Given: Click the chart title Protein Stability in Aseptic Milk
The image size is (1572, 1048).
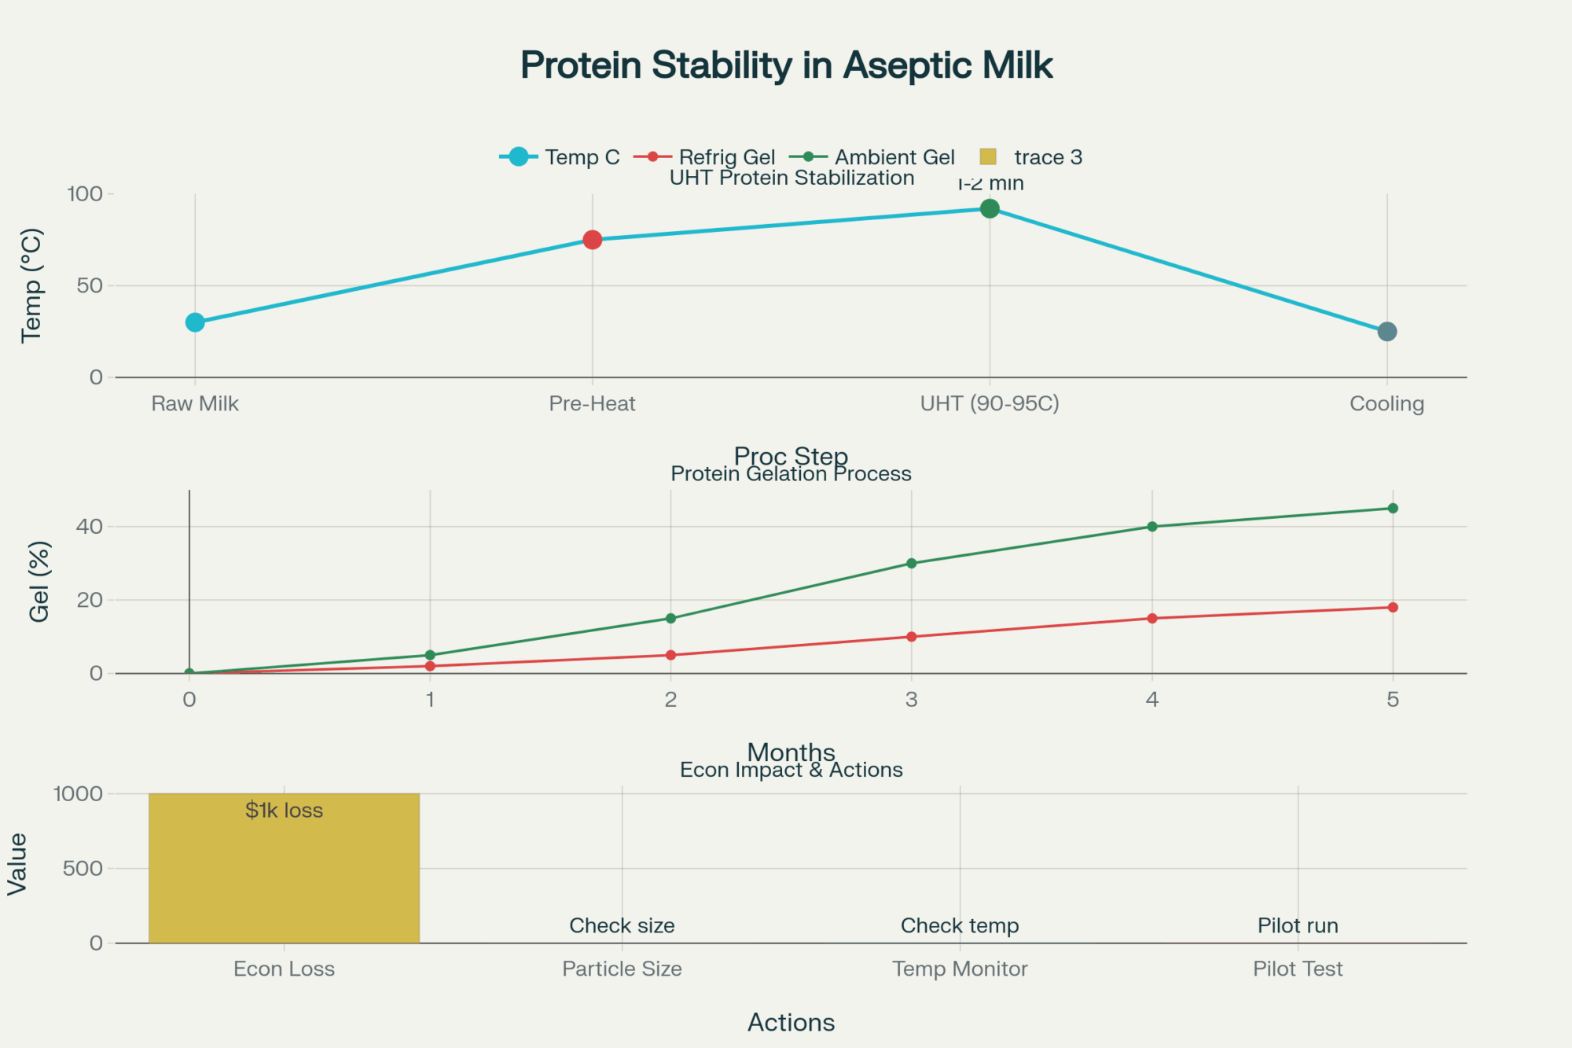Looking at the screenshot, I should pyautogui.click(x=786, y=65).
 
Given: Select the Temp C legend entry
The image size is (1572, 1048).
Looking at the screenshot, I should pyautogui.click(x=560, y=157).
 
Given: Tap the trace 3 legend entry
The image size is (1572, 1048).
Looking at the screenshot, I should pyautogui.click(x=1031, y=157).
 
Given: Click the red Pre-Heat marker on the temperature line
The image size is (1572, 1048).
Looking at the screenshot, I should pyautogui.click(x=593, y=240).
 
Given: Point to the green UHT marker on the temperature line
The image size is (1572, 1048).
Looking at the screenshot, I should pyautogui.click(x=990, y=208).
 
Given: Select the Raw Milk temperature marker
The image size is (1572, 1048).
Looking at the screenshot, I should pyautogui.click(x=195, y=322).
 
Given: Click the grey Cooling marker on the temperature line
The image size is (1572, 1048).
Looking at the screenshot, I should pyautogui.click(x=1387, y=332).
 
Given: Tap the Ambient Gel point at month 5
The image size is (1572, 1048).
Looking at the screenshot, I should pyautogui.click(x=1393, y=509).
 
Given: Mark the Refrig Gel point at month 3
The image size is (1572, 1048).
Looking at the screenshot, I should pyautogui.click(x=912, y=637).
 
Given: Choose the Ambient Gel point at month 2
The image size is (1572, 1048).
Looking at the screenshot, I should pyautogui.click(x=670, y=619).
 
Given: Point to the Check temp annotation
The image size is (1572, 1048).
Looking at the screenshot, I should pyautogui.click(x=960, y=926).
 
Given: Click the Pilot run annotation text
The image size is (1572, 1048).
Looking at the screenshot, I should pyautogui.click(x=1298, y=926).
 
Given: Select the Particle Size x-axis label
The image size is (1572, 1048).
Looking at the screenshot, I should pyautogui.click(x=622, y=969).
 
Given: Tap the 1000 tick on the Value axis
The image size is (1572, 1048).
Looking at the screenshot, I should pyautogui.click(x=78, y=794).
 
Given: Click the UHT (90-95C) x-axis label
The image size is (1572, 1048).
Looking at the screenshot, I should pyautogui.click(x=990, y=404).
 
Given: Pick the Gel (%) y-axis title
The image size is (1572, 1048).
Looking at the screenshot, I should pyautogui.click(x=39, y=582).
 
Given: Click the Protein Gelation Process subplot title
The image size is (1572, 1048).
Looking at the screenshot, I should pyautogui.click(x=791, y=474).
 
